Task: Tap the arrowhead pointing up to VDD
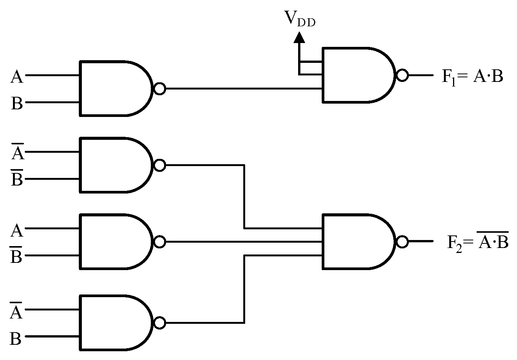click(x=300, y=37)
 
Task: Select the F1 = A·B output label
click(x=472, y=77)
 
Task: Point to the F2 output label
click(x=477, y=241)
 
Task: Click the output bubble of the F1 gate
click(x=402, y=75)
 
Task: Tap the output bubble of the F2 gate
click(x=402, y=242)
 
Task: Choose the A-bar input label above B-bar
click(x=17, y=152)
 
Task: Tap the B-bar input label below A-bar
click(x=17, y=178)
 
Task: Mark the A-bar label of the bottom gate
click(x=16, y=311)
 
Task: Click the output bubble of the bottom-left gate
click(x=160, y=323)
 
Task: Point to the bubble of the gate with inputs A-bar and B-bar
click(x=160, y=165)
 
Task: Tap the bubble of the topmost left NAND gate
click(x=160, y=89)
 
